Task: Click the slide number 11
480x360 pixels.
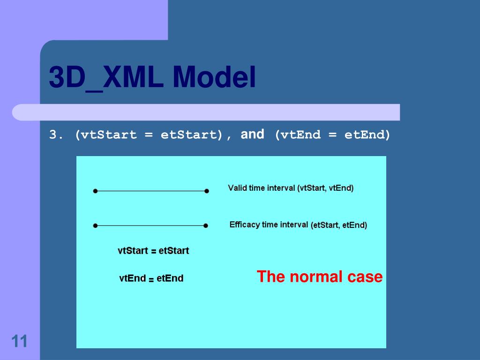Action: pos(19,341)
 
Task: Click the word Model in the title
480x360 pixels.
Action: pos(214,78)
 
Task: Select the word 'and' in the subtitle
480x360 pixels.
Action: pos(252,135)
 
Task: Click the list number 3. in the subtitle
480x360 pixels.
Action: pos(56,135)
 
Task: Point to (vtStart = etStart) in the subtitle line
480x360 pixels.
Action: pos(149,135)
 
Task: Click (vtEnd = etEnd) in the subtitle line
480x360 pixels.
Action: pos(332,135)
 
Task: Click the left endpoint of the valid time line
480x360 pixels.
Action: pos(95,191)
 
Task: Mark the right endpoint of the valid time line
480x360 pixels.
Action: pos(206,191)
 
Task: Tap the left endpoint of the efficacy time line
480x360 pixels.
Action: pos(95,225)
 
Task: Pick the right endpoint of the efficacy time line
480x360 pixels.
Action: pos(206,225)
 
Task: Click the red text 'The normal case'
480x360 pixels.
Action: pos(320,277)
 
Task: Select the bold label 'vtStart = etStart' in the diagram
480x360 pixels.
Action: pos(153,251)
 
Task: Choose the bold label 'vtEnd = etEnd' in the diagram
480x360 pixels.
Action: pos(151,278)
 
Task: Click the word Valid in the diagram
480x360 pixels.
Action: pos(238,188)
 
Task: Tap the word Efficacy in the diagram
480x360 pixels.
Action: pos(245,225)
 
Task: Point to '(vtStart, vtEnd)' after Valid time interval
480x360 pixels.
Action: pos(325,188)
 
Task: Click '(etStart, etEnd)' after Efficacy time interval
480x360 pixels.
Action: pos(339,225)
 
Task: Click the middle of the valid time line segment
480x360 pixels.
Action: pos(150,191)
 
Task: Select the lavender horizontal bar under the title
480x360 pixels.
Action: pos(206,112)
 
